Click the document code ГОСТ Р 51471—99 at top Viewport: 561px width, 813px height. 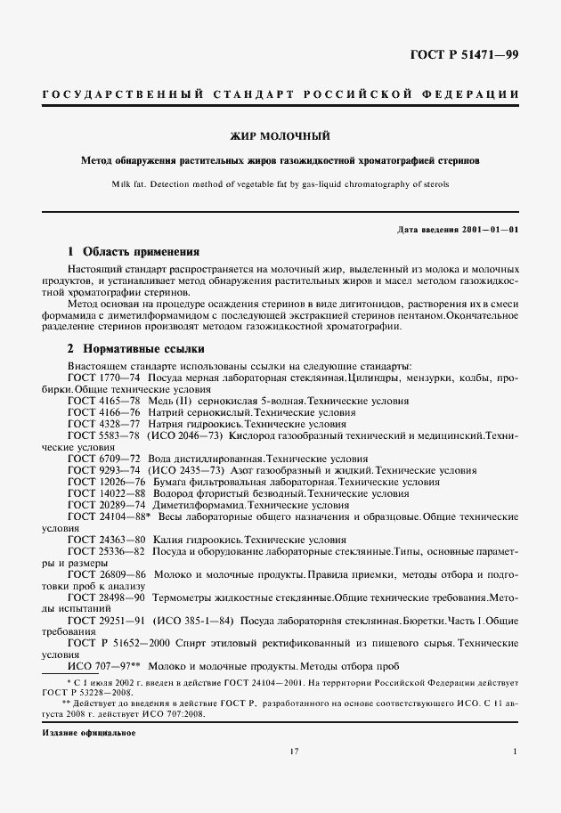[x=463, y=55]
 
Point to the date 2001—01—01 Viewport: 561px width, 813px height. [x=488, y=230]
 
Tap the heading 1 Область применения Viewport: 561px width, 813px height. [x=134, y=252]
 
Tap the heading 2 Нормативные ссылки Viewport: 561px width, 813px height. [x=136, y=348]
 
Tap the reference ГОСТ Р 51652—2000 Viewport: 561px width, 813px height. [x=118, y=642]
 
